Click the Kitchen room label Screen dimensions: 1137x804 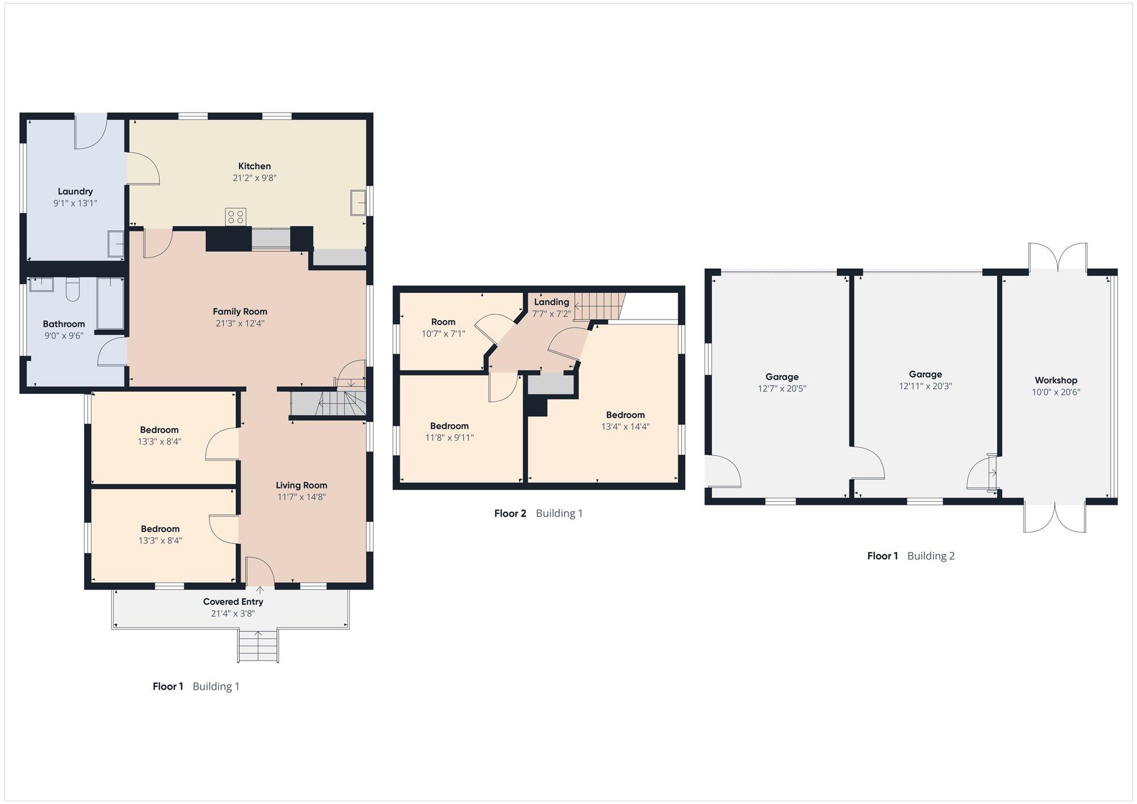point(254,166)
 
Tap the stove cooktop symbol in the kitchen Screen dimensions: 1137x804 point(235,217)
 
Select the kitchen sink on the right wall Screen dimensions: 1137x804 point(358,202)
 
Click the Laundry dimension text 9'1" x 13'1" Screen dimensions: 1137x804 point(75,203)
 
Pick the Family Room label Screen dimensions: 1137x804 point(240,312)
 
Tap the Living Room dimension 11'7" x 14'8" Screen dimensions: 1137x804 point(301,497)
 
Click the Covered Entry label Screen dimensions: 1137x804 point(233,602)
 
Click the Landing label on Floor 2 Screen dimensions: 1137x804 point(551,302)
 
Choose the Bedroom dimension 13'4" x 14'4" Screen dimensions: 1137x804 point(625,426)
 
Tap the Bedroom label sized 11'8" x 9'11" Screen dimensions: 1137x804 point(449,426)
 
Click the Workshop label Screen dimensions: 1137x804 point(1056,380)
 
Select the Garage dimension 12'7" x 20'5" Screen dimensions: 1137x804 point(782,388)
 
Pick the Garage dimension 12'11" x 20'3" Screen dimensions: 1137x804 point(926,386)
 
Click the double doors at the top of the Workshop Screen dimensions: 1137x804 point(1058,257)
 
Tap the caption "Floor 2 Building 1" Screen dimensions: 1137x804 point(538,513)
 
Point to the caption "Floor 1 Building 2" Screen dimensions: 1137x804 point(911,556)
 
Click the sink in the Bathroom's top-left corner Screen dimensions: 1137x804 point(42,284)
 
